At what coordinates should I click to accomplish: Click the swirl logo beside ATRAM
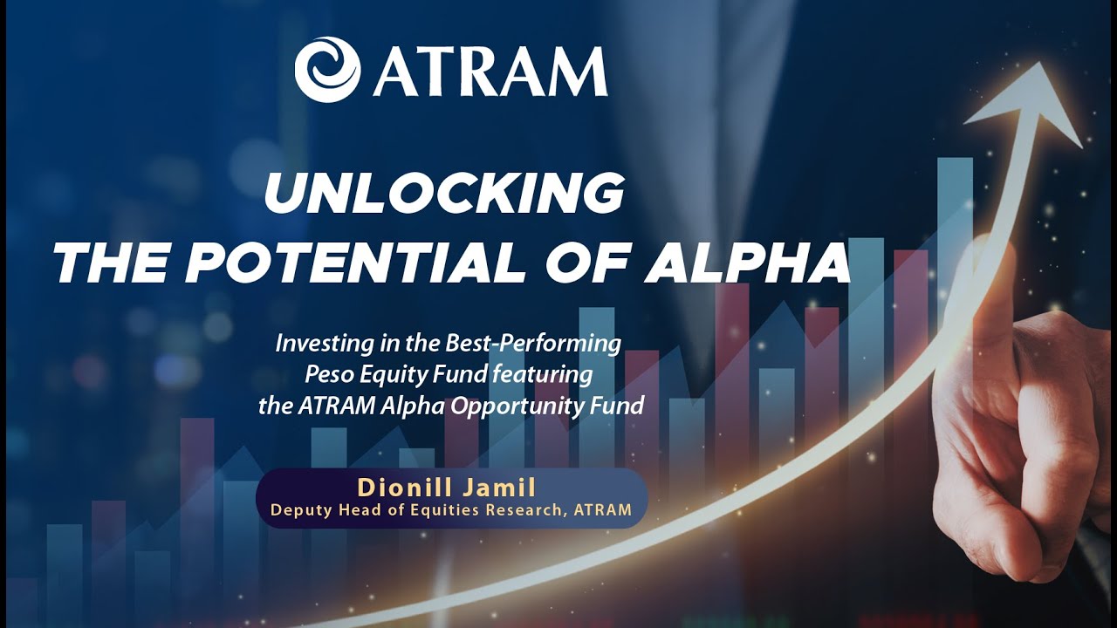pos(327,69)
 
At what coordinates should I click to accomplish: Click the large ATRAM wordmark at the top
pos(490,71)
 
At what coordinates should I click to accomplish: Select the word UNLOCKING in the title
pos(444,194)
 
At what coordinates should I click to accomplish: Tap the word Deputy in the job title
pos(296,510)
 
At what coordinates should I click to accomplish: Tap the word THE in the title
pos(106,263)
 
